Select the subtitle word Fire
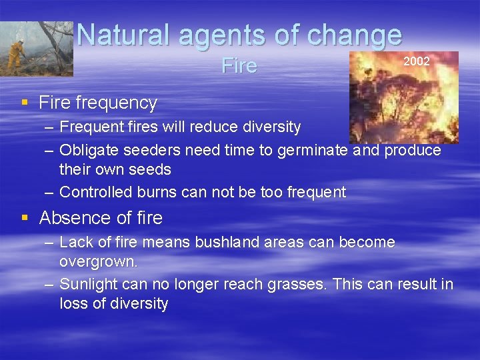(x=239, y=66)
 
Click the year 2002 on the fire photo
(x=417, y=61)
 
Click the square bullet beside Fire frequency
(x=25, y=102)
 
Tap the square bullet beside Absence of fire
(x=25, y=217)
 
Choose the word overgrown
(x=98, y=261)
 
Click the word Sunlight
(x=87, y=284)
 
